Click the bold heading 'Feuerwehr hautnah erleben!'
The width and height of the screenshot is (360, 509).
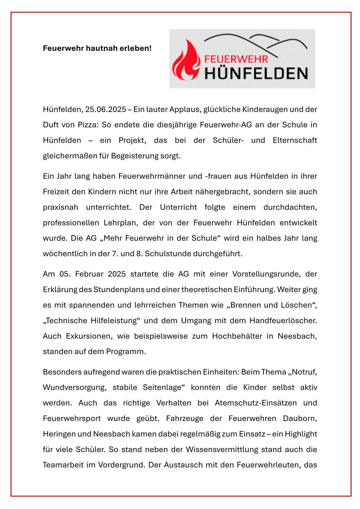pyautogui.click(x=97, y=48)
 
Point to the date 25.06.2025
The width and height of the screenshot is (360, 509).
pyautogui.click(x=106, y=109)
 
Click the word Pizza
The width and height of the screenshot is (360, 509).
pyautogui.click(x=87, y=125)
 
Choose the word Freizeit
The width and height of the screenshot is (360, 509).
pyautogui.click(x=55, y=192)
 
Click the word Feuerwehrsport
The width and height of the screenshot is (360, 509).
pyautogui.click(x=72, y=419)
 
